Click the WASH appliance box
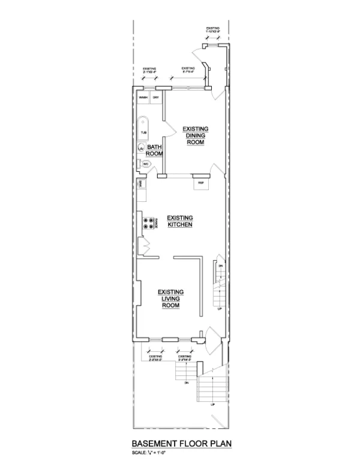[x=143, y=97]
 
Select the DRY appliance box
[x=155, y=97]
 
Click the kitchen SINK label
[x=141, y=183]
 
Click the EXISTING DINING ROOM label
[x=195, y=136]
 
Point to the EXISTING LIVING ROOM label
[x=170, y=298]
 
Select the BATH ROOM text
[x=155, y=150]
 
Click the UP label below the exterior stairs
[x=212, y=404]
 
